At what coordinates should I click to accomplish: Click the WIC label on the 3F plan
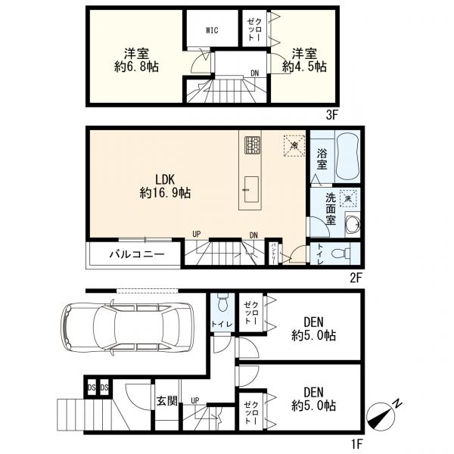pyautogui.click(x=212, y=30)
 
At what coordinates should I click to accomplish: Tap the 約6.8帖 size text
pyautogui.click(x=136, y=67)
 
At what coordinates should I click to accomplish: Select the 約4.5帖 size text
pyautogui.click(x=304, y=67)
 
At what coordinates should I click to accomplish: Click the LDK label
pyautogui.click(x=165, y=180)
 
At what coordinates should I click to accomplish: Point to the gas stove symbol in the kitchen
pyautogui.click(x=253, y=145)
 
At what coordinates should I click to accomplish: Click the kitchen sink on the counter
pyautogui.click(x=251, y=189)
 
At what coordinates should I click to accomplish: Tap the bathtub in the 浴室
pyautogui.click(x=348, y=156)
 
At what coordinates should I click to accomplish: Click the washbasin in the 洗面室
pyautogui.click(x=353, y=223)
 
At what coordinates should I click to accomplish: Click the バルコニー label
pyautogui.click(x=137, y=255)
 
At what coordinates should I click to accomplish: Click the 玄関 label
pyautogui.click(x=166, y=401)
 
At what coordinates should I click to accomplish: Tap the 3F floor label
pyautogui.click(x=332, y=115)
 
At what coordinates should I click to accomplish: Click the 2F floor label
pyautogui.click(x=356, y=278)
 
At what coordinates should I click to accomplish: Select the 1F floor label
pyautogui.click(x=356, y=443)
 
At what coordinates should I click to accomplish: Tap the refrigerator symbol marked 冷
pyautogui.click(x=294, y=145)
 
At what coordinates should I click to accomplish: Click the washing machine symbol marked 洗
pyautogui.click(x=348, y=198)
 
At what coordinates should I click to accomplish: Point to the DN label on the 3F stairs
pyautogui.click(x=254, y=73)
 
